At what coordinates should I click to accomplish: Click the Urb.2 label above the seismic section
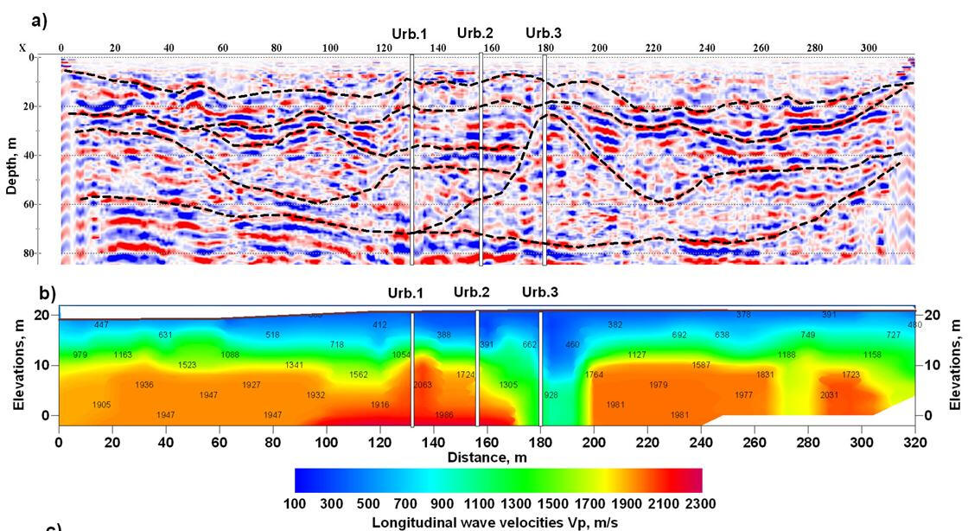point(474,33)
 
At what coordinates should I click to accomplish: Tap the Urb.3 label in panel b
point(540,292)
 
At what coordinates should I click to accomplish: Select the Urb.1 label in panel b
point(406,292)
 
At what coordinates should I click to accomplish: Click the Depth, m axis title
point(11,157)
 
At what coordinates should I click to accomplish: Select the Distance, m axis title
point(487,457)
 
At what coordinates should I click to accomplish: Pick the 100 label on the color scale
point(295,503)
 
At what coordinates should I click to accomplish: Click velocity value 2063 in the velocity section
point(423,385)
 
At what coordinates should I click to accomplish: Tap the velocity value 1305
point(508,386)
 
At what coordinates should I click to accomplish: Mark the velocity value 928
point(551,395)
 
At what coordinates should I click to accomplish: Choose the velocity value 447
point(101,325)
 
